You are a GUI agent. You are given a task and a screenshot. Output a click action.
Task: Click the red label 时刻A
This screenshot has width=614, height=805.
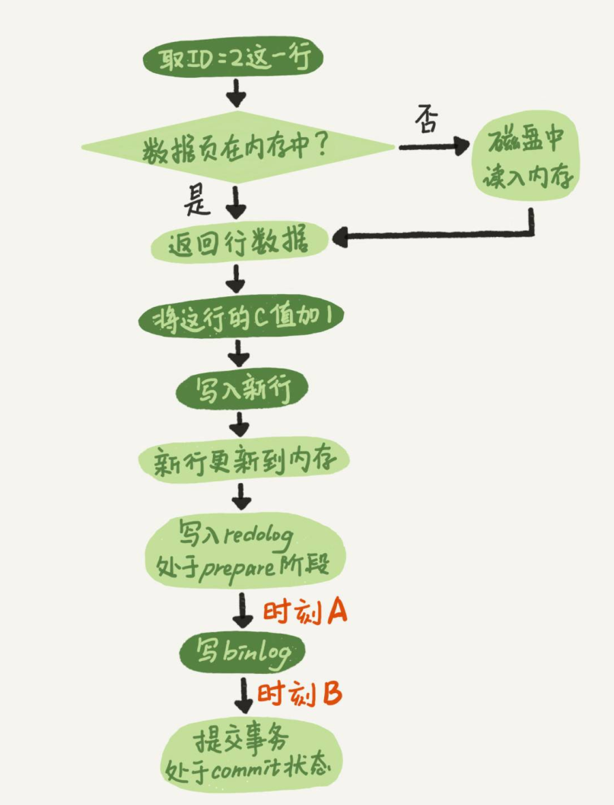click(305, 611)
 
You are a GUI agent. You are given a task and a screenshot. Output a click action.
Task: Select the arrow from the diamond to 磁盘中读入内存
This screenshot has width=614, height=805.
click(434, 146)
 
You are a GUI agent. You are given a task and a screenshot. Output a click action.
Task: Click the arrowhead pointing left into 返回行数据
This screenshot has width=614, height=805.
click(339, 238)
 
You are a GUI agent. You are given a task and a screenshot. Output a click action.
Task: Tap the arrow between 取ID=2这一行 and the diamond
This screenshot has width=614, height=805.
click(237, 94)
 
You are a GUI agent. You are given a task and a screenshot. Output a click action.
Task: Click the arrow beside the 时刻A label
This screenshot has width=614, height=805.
click(243, 609)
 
